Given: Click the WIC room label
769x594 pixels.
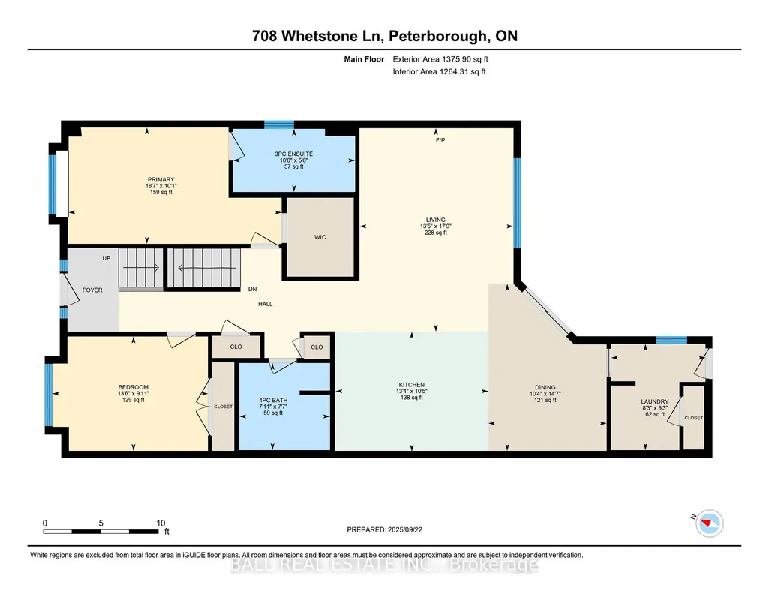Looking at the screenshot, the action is (x=320, y=237).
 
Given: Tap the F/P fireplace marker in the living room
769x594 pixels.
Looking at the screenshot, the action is (x=440, y=141).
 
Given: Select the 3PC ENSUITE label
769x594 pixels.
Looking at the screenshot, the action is (x=294, y=154).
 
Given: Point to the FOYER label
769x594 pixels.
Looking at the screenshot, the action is (x=92, y=290).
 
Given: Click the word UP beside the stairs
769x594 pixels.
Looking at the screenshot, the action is (x=107, y=258).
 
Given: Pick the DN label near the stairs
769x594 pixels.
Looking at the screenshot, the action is (x=253, y=289).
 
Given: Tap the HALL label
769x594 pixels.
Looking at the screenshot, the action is (x=266, y=304).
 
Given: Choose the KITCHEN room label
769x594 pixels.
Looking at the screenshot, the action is (x=411, y=385).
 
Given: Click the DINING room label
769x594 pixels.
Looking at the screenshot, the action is (x=545, y=387).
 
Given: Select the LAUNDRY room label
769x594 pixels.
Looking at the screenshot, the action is (x=655, y=401).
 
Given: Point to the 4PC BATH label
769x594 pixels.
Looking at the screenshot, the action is (x=273, y=400).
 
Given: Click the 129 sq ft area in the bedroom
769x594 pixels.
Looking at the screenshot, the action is (x=134, y=400).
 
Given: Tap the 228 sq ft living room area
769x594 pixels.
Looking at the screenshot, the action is (x=435, y=232).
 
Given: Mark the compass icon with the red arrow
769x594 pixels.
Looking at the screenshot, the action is (x=710, y=523).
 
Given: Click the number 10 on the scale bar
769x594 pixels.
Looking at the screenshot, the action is (x=161, y=523).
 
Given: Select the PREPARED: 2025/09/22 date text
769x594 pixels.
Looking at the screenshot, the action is (x=384, y=529).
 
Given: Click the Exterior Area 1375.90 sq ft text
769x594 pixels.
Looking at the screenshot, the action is (x=440, y=59).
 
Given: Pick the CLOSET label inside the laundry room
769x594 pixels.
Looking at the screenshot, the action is (x=693, y=418).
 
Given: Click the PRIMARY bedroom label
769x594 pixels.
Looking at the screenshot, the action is (x=161, y=180).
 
